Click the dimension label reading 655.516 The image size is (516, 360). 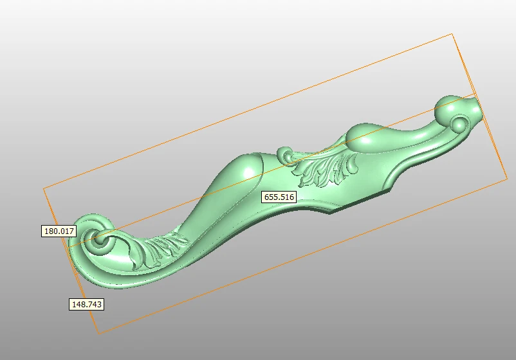click(279, 197)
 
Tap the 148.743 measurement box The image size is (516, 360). click(86, 304)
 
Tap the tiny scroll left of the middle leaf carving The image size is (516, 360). click(285, 154)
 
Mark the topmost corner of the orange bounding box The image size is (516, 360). click(452, 33)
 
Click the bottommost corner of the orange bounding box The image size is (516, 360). click(98, 333)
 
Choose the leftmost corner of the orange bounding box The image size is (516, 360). click(43, 188)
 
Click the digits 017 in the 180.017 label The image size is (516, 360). click(67, 231)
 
